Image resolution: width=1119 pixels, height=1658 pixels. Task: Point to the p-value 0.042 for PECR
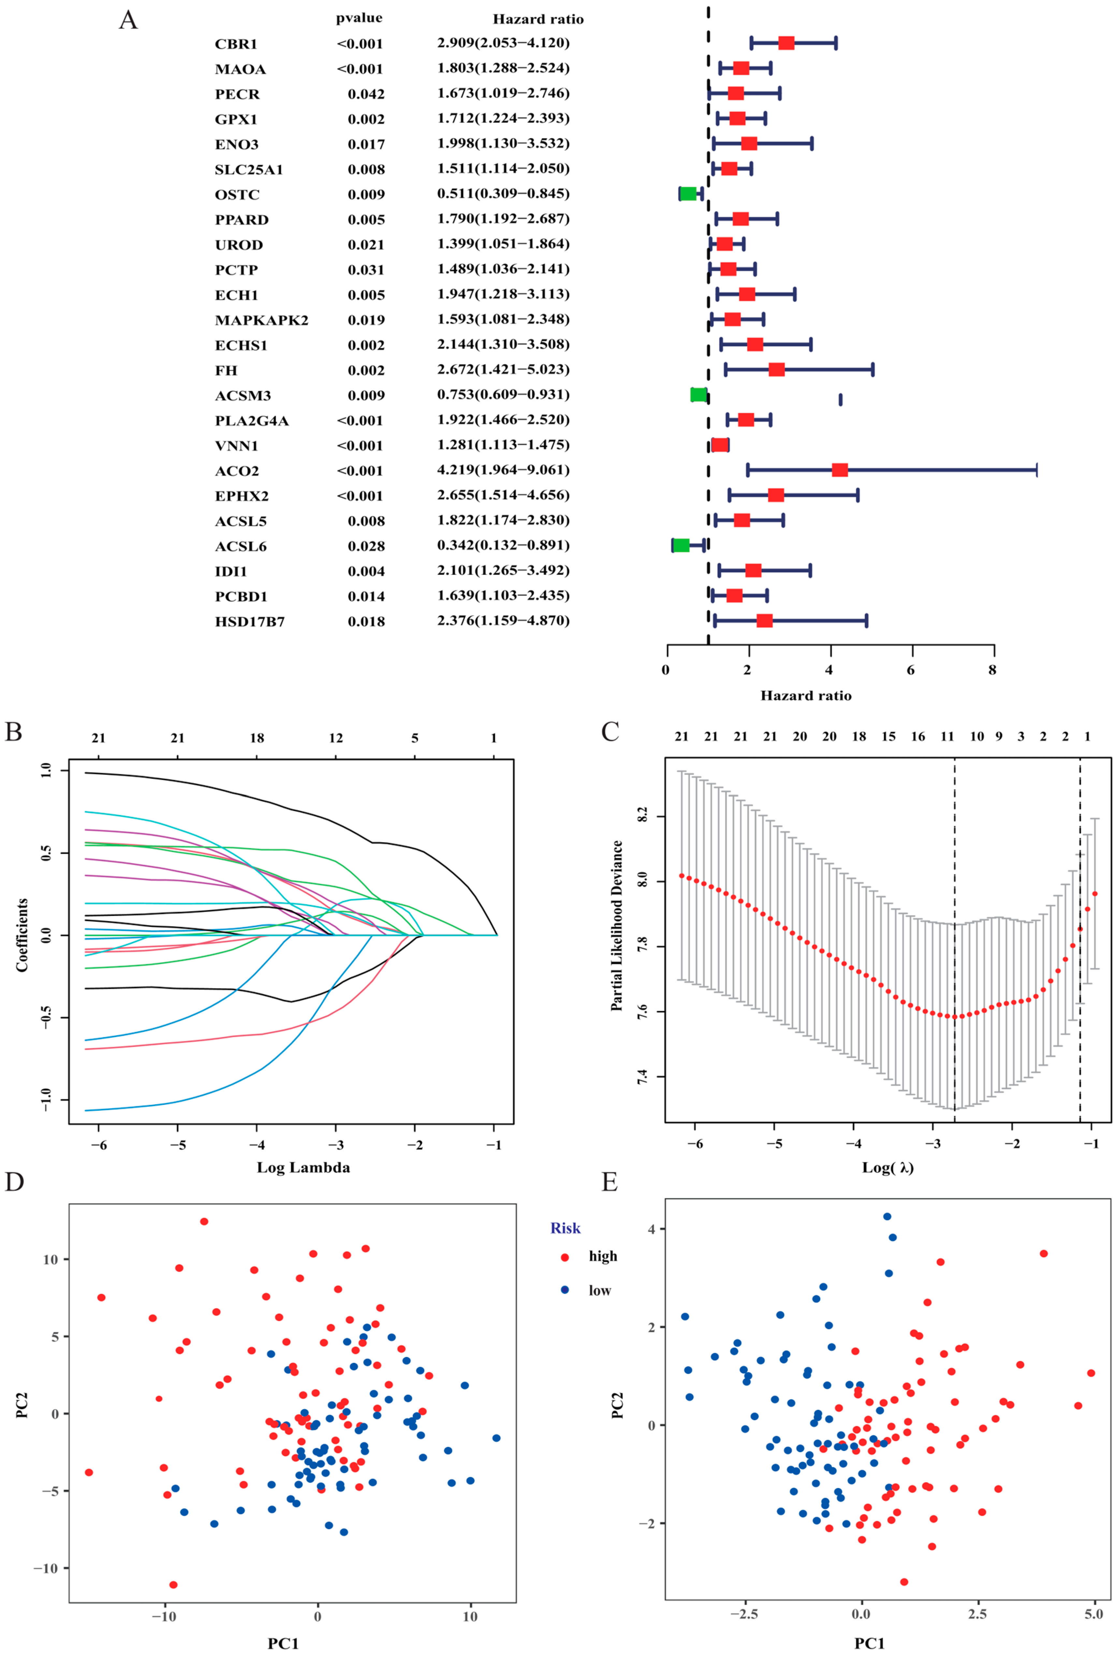(366, 94)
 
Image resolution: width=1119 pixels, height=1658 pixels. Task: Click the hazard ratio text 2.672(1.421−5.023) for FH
(503, 370)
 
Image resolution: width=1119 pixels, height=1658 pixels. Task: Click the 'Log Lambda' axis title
(303, 1168)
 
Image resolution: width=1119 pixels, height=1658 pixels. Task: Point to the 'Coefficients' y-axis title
(22, 935)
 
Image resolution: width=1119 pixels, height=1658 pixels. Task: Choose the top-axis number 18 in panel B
(257, 738)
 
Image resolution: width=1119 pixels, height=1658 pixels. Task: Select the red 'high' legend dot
(565, 1256)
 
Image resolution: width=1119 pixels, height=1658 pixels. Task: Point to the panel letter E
(609, 1182)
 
